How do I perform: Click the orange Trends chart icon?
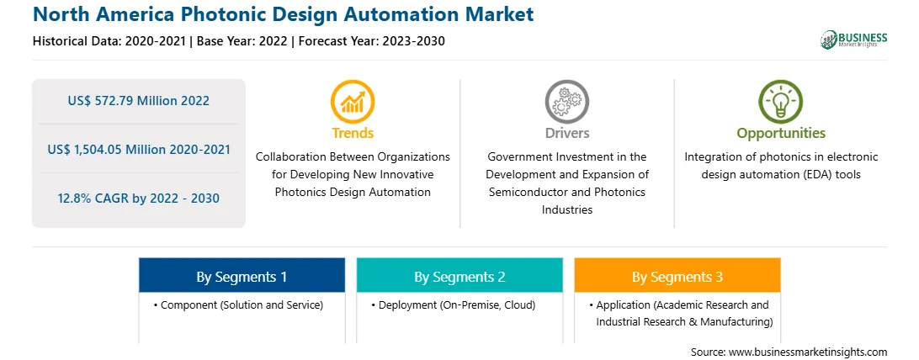tap(353, 102)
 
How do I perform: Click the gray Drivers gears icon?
tap(566, 102)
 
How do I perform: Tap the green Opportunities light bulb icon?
tap(781, 102)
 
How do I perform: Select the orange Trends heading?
tap(353, 133)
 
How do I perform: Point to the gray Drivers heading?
tap(567, 133)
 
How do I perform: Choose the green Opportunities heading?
tap(781, 134)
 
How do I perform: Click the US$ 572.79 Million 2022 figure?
tap(138, 101)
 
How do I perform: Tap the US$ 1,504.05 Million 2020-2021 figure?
tap(139, 149)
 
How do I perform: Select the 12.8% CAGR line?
tap(138, 199)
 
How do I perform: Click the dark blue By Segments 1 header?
tap(242, 275)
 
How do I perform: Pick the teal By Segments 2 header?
tap(459, 275)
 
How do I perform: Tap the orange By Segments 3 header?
tap(677, 275)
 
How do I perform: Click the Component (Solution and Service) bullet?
tap(238, 305)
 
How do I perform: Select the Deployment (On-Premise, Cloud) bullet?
tap(453, 305)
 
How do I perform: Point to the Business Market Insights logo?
tap(854, 40)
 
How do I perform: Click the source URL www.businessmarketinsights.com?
tap(808, 352)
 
